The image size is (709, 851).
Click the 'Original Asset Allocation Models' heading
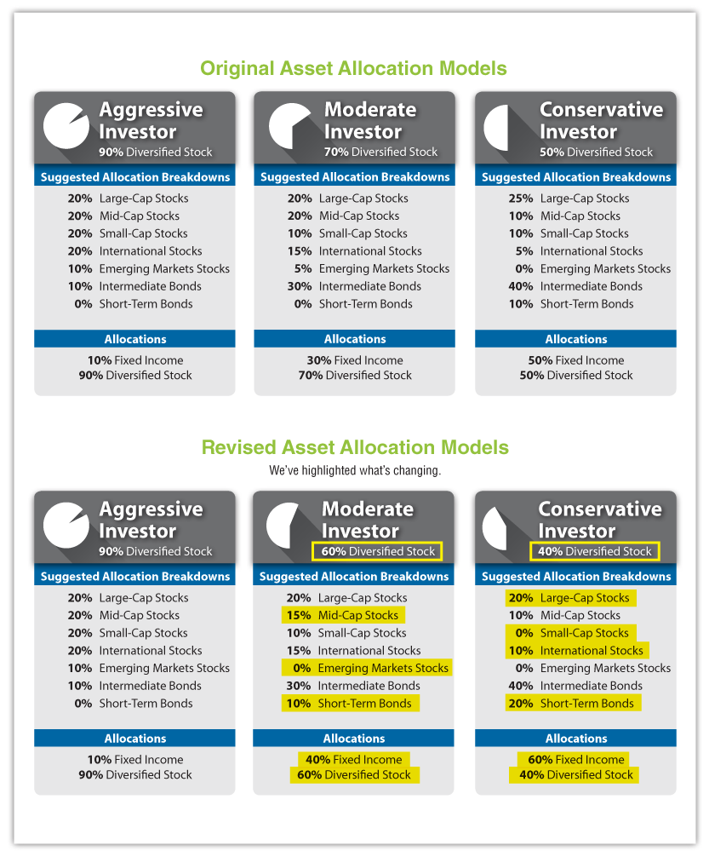353,68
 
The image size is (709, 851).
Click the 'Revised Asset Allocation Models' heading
354,447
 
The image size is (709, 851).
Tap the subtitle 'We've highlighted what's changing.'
354,470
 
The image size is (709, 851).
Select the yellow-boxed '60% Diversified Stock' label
377,551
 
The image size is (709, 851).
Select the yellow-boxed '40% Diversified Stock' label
594,551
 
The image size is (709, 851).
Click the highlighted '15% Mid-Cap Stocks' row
343,615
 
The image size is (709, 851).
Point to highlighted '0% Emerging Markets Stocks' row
367,668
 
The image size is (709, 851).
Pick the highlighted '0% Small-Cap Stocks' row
570,633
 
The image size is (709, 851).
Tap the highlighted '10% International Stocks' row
576,651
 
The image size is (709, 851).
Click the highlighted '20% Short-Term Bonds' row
573,704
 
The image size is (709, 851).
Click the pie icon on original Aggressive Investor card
66,126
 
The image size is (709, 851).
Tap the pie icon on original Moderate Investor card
292,126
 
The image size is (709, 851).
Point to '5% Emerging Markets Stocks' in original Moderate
369,268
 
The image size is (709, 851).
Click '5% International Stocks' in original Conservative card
578,251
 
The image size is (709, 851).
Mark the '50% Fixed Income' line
575,360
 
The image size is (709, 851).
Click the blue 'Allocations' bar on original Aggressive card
134,339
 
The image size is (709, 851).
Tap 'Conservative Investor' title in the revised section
599,520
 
